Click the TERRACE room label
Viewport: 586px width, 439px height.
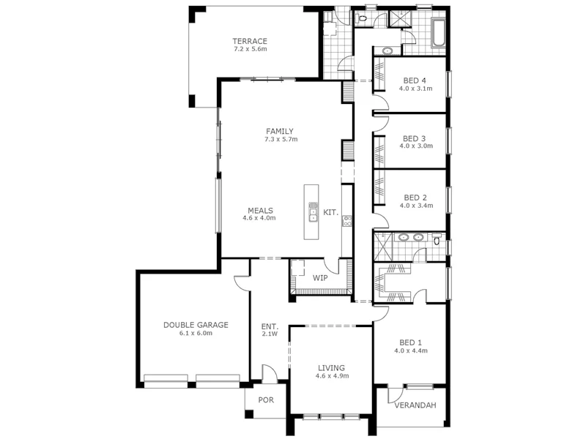pos(250,41)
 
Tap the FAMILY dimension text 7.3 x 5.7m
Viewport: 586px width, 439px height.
pos(281,139)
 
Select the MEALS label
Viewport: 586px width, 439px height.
pos(260,209)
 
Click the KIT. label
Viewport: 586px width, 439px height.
pos(331,213)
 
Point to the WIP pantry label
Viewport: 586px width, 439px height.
pos(320,278)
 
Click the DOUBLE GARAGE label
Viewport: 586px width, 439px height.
pos(196,325)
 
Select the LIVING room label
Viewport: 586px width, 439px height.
pos(331,368)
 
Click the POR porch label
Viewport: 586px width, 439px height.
pos(266,400)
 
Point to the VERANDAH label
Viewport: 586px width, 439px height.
pos(415,405)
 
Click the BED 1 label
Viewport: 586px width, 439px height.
pos(410,342)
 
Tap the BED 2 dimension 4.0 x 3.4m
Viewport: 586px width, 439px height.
pos(416,206)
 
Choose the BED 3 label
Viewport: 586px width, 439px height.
pos(415,138)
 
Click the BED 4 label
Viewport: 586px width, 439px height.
pos(415,80)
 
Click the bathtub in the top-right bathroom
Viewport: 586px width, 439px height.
pos(439,34)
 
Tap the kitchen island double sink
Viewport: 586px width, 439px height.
pos(313,211)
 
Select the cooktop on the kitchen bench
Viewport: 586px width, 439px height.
pos(347,220)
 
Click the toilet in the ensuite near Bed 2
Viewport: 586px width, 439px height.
pos(437,239)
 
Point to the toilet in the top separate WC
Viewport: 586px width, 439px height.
pos(363,18)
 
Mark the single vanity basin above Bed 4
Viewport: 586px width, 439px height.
pos(387,50)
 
